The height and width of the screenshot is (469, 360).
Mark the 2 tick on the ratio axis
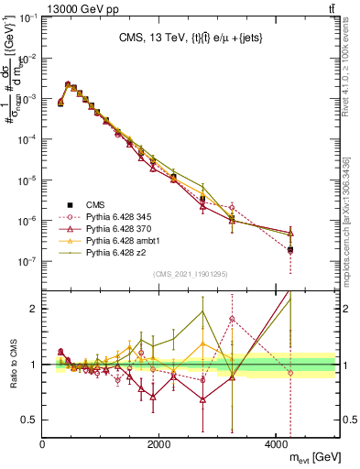[34, 309]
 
